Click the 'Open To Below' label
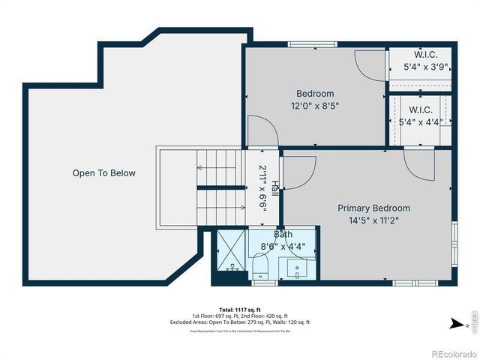tap(104, 173)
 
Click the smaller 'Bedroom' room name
tap(315, 94)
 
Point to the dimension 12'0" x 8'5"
tap(315, 106)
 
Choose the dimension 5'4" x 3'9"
tap(425, 67)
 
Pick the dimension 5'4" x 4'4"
tap(420, 122)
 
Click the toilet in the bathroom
tap(261, 266)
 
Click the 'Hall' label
tap(275, 187)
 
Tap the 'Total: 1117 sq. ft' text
tap(239, 310)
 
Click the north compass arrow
tap(455, 325)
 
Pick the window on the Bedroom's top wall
tap(308, 44)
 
